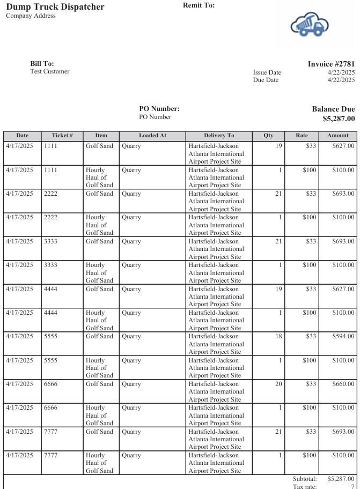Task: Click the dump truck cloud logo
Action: coord(309,25)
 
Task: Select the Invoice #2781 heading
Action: coord(331,64)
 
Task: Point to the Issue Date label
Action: coord(267,72)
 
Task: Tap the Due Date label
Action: coord(266,80)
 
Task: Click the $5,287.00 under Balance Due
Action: coord(339,118)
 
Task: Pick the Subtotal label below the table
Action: coord(305,479)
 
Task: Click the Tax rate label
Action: coord(305,486)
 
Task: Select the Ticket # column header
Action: coord(62,136)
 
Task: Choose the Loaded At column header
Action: coord(152,136)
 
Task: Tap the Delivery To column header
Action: coord(219,136)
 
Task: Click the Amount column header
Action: coord(338,136)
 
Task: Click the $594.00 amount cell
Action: coord(343,336)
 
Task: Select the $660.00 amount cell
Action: coord(343,384)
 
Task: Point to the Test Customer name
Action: coord(50,71)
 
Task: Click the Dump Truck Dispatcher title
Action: coord(55,7)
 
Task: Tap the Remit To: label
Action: coord(199,5)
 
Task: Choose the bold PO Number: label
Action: coord(159,109)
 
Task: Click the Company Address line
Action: coord(31,16)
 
